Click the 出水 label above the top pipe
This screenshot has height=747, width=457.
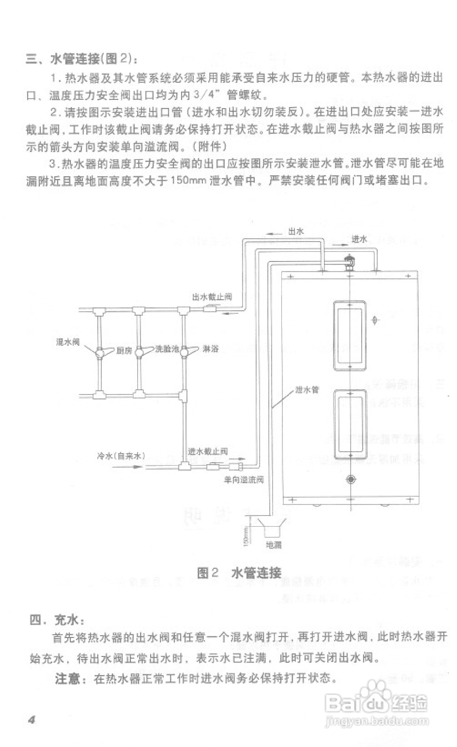[296, 231]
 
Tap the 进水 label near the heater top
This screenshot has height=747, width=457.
[359, 240]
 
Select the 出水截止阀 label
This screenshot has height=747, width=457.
[212, 297]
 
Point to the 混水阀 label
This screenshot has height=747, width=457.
[68, 342]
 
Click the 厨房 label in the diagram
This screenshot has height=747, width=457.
[124, 350]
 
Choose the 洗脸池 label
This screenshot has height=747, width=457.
[167, 349]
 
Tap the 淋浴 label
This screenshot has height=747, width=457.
[210, 349]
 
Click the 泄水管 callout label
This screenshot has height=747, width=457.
[307, 390]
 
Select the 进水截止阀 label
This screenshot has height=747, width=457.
[208, 451]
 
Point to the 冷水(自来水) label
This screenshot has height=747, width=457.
[121, 456]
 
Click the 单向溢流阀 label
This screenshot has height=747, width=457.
[244, 480]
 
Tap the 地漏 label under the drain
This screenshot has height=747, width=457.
[273, 545]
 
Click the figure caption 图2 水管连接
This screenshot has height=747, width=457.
[239, 573]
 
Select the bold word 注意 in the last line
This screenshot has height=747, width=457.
[68, 678]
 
